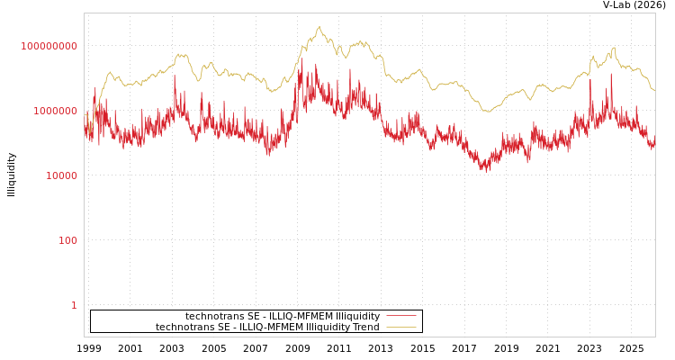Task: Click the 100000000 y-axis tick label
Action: (49, 46)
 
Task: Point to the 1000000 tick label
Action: (49, 111)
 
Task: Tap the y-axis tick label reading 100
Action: (68, 240)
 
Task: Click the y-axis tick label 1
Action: (74, 305)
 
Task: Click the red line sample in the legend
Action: (401, 316)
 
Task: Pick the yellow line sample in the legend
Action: (401, 327)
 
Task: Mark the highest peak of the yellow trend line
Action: (319, 27)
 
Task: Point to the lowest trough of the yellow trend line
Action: (487, 112)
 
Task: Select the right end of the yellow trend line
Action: (654, 90)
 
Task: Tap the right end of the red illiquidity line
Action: (654, 144)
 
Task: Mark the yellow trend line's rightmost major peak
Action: (614, 48)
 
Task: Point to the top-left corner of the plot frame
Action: (85, 13)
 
